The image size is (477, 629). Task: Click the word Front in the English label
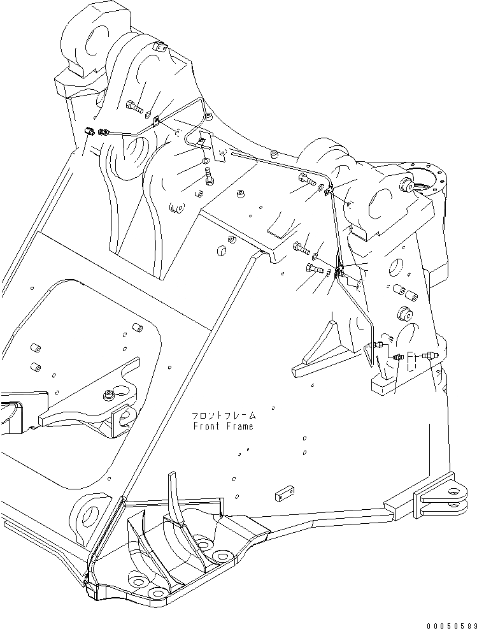click(207, 426)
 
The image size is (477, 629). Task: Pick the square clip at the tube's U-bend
click(202, 141)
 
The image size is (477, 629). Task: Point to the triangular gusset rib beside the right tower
click(318, 354)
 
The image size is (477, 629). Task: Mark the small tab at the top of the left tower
click(160, 47)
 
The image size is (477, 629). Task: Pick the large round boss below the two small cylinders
click(404, 314)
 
